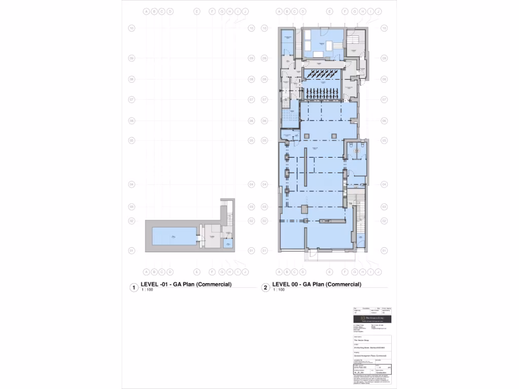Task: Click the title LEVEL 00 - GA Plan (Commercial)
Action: [x=317, y=285]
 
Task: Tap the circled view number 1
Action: [x=134, y=288]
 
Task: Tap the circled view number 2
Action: [x=265, y=288]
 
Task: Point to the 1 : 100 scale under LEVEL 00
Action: [x=279, y=290]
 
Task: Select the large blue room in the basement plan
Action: [x=174, y=236]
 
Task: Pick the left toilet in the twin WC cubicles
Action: [x=351, y=149]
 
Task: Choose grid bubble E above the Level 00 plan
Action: [x=329, y=11]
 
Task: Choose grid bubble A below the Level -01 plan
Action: [x=146, y=271]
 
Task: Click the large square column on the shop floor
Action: [x=304, y=209]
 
